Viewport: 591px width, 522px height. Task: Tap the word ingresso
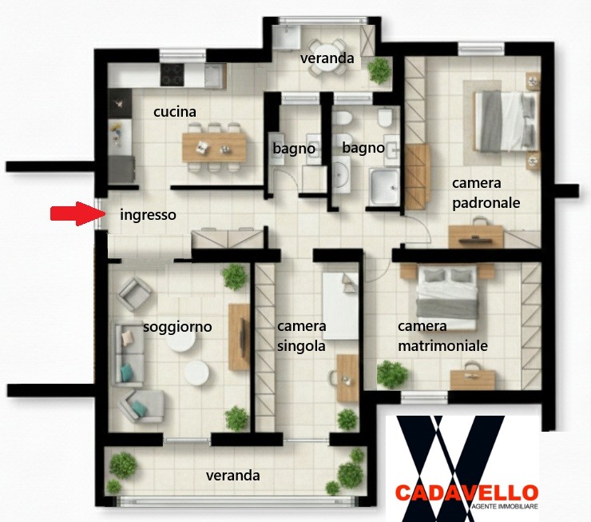[148, 215]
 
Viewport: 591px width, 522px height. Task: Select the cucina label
[175, 112]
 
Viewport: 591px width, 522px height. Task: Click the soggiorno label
[177, 327]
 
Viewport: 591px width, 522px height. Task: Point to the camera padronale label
[486, 193]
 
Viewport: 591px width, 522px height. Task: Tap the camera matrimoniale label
[443, 336]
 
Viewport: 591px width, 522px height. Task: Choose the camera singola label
[302, 336]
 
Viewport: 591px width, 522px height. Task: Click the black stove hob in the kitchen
[173, 74]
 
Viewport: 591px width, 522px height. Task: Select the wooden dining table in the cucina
[214, 147]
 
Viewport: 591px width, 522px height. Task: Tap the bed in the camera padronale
[505, 121]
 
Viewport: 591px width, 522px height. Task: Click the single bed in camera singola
[341, 306]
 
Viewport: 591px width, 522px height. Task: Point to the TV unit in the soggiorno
[239, 337]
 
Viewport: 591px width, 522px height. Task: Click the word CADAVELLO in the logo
[466, 493]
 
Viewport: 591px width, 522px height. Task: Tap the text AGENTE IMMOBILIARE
[505, 507]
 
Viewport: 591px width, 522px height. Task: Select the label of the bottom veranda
[233, 475]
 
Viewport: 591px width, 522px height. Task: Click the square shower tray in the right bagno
[384, 187]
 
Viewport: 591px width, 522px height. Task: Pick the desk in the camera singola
[347, 378]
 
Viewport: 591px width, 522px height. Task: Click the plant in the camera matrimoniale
[392, 374]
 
